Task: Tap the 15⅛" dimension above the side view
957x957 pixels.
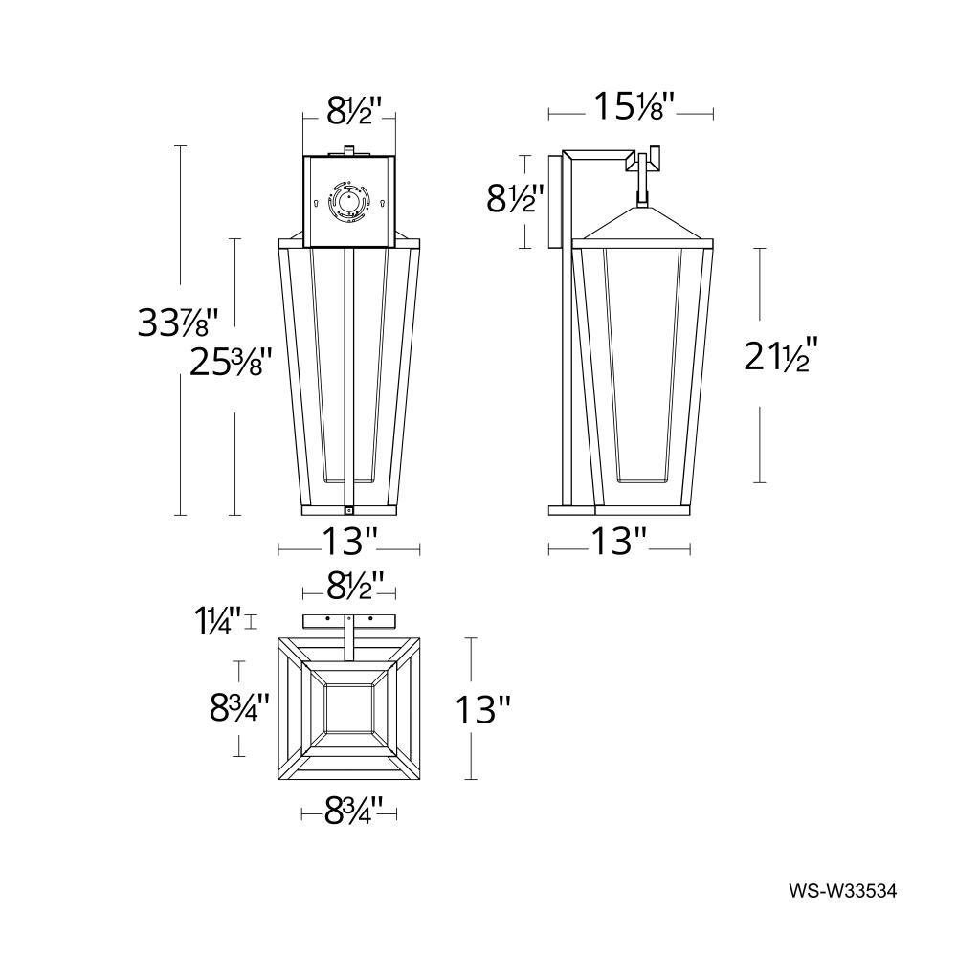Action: coord(633,106)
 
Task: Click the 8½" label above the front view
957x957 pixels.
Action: coord(348,111)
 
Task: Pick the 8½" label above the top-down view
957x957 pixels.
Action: coord(348,583)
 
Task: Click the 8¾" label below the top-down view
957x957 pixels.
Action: coord(348,813)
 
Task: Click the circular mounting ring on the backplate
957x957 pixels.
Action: coord(349,204)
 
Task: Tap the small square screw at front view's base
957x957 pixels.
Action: coord(349,509)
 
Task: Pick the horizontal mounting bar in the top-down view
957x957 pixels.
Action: coord(349,619)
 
